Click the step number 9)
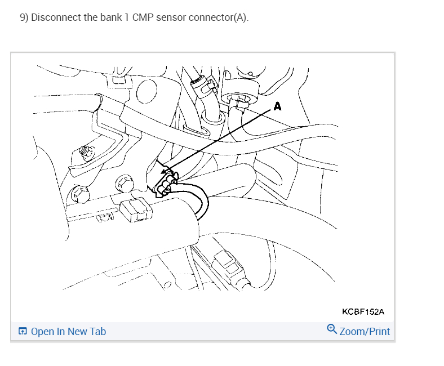pos(24,17)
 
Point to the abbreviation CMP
pos(144,17)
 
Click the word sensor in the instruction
pos(172,17)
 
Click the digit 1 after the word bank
pos(126,17)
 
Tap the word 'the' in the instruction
pos(90,17)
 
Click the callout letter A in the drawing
pos(277,105)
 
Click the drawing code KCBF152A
pos(363,311)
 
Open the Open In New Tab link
pos(68,332)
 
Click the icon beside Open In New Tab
pos(23,332)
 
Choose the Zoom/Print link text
pos(365,332)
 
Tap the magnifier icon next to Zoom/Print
pos(332,330)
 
